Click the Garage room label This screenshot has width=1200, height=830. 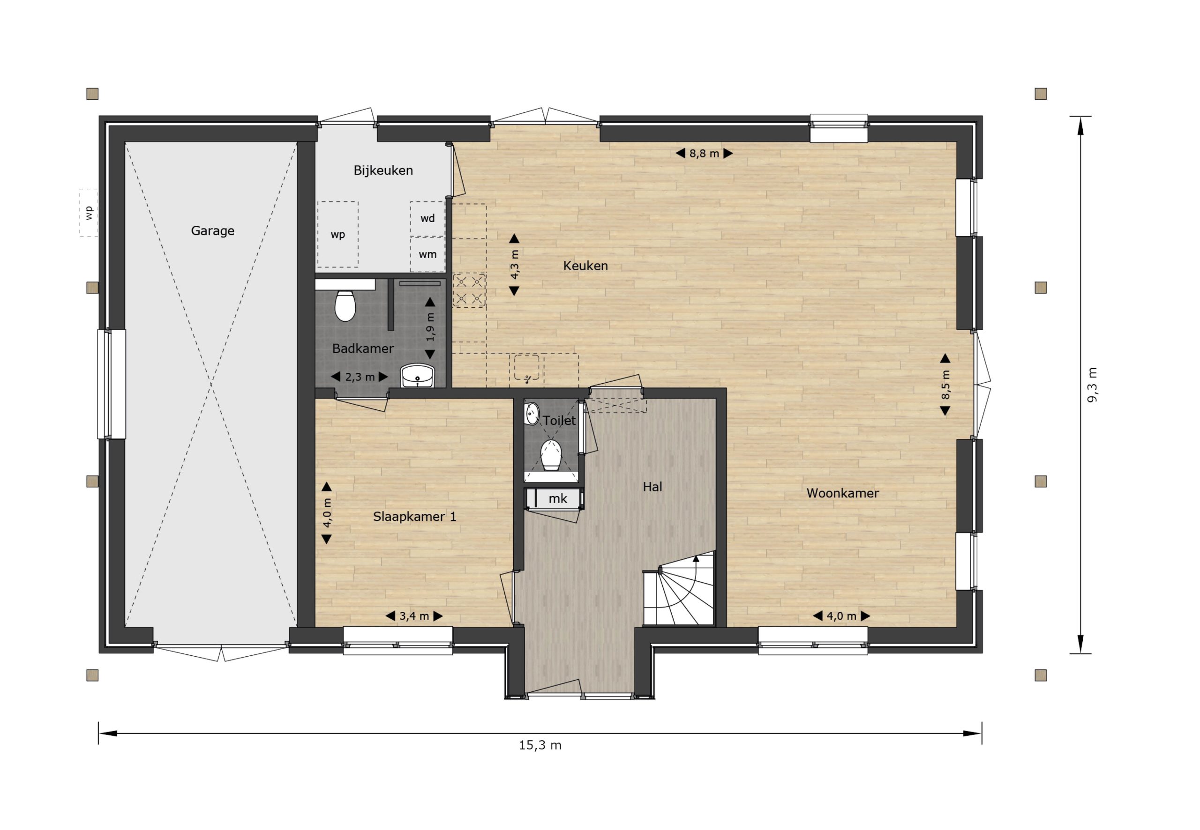pos(212,231)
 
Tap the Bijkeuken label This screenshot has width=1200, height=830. pos(383,170)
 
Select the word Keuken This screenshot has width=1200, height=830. pos(585,266)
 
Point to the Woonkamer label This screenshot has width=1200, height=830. pos(842,493)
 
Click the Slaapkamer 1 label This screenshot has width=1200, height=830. pos(414,517)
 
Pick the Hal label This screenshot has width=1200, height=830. pos(652,487)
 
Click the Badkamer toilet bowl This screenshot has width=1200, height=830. pos(345,305)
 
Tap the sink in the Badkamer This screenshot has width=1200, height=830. pos(417,376)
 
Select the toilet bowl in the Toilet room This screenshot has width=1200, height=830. pos(551,454)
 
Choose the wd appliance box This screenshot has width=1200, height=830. pos(427,218)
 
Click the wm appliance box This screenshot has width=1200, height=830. pos(427,254)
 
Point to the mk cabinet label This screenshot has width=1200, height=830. pos(557,499)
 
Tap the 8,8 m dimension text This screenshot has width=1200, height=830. pos(704,154)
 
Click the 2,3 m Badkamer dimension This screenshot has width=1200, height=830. pos(360,377)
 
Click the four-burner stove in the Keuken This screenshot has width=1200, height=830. pos(469,290)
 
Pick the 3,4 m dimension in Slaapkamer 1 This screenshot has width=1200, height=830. pos(414,616)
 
